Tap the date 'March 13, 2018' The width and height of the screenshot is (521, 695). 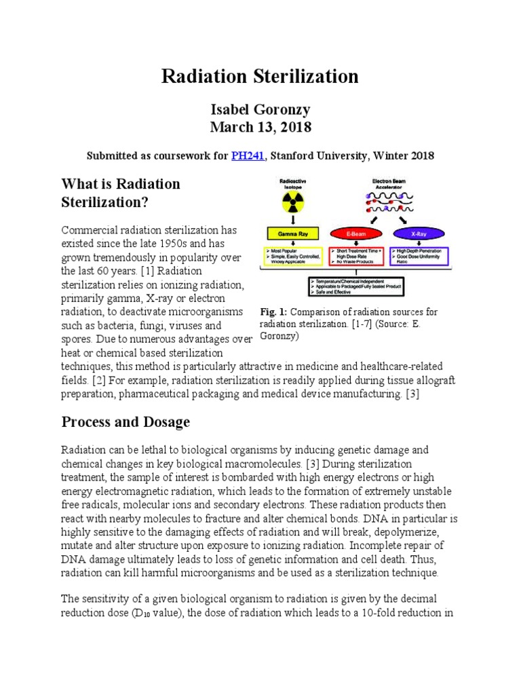260,128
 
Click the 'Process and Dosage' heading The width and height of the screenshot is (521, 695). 126,422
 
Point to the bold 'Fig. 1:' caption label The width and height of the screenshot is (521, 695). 274,312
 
